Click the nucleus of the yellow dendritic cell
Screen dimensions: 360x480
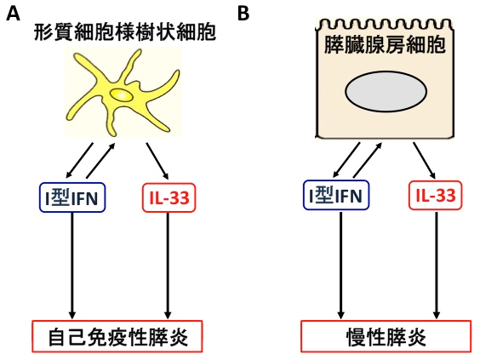point(121,95)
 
